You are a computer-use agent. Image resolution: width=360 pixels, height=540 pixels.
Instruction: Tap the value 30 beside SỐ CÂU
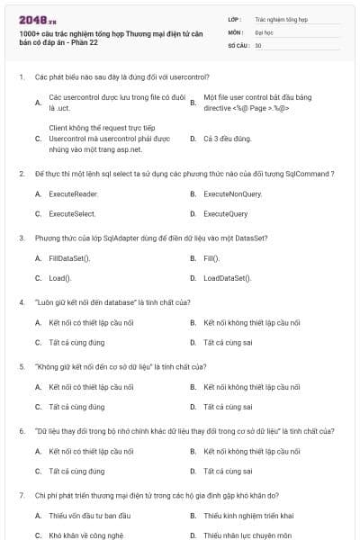tap(258, 44)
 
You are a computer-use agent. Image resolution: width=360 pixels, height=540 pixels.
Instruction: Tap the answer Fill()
tap(211, 258)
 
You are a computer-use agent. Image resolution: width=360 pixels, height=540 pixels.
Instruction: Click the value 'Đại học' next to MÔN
tap(264, 31)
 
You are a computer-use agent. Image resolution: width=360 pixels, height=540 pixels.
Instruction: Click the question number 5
tap(22, 366)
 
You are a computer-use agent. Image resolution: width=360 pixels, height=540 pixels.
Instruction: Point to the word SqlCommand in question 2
tap(310, 173)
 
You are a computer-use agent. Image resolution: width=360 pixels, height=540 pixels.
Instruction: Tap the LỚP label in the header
tap(235, 18)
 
